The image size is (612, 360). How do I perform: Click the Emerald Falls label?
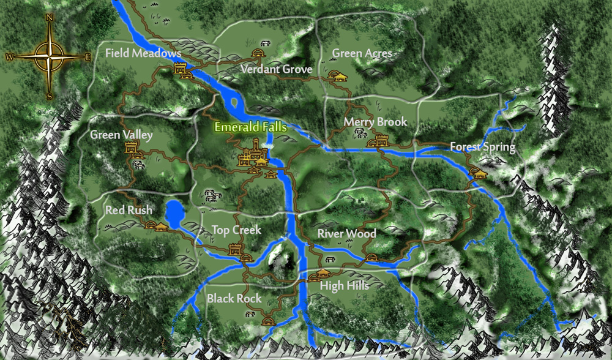250,128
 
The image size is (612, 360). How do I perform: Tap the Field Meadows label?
143,53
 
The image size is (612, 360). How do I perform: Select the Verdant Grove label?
276,69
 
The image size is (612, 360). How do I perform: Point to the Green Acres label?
362,53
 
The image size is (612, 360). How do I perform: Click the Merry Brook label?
375,122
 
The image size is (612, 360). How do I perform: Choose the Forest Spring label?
482,147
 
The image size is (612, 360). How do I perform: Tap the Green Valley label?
121,135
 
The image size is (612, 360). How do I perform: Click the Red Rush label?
129,210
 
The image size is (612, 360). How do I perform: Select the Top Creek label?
236,230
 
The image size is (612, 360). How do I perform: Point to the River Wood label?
346,234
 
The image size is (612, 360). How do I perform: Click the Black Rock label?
234,299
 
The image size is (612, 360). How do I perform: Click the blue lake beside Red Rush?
174,212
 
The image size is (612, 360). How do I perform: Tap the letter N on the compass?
49,18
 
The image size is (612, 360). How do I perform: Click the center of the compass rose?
49,57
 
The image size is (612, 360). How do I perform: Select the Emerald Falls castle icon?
252,153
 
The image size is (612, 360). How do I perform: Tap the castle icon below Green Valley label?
131,149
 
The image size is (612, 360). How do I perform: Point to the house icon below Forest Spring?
479,173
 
